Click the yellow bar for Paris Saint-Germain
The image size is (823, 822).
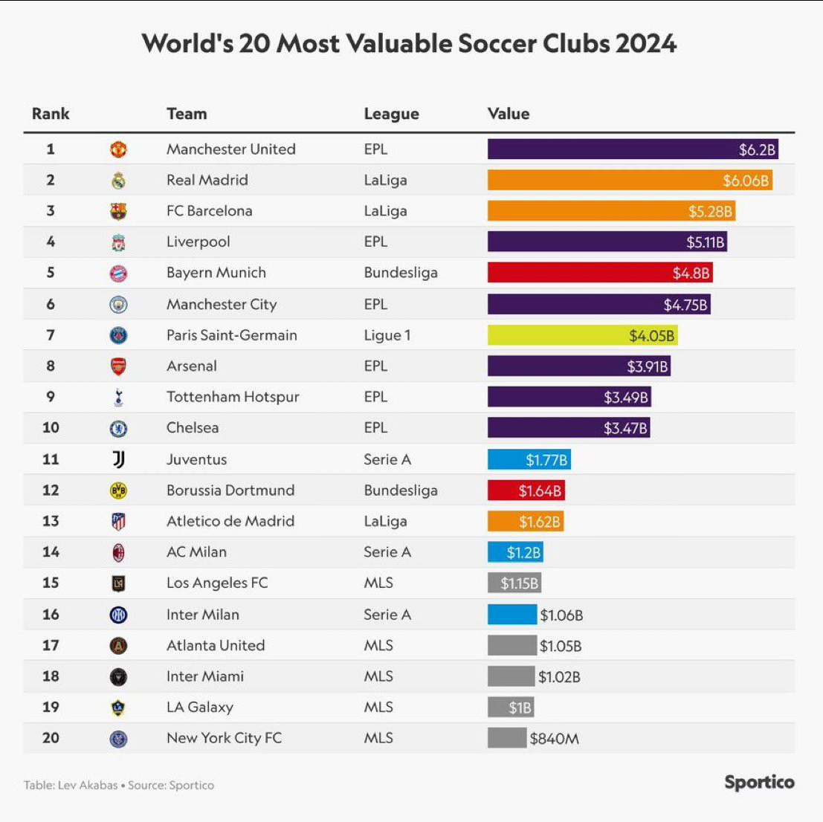pyautogui.click(x=582, y=335)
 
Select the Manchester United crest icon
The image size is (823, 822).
pyautogui.click(x=118, y=149)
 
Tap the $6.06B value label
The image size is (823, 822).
pyautogui.click(x=746, y=181)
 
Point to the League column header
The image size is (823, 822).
pyautogui.click(x=391, y=114)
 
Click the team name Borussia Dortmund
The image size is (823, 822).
pyautogui.click(x=230, y=491)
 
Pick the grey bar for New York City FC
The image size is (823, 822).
pyautogui.click(x=507, y=738)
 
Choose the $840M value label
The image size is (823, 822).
pyautogui.click(x=554, y=739)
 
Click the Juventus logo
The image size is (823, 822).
pyautogui.click(x=118, y=459)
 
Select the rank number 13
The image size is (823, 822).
pyautogui.click(x=51, y=521)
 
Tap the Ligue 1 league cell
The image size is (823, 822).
pyautogui.click(x=387, y=335)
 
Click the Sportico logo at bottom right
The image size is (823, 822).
pyautogui.click(x=759, y=783)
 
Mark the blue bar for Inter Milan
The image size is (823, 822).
pyautogui.click(x=511, y=615)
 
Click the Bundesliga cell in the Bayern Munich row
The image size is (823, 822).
pyautogui.click(x=401, y=273)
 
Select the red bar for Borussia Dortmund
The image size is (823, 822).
pyautogui.click(x=526, y=491)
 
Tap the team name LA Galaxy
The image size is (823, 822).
pyautogui.click(x=200, y=708)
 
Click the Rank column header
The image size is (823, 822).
pyautogui.click(x=51, y=114)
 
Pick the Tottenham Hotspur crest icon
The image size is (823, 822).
pyautogui.click(x=118, y=397)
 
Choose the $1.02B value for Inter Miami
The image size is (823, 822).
pyautogui.click(x=559, y=677)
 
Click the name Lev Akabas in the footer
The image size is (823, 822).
pyautogui.click(x=88, y=785)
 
